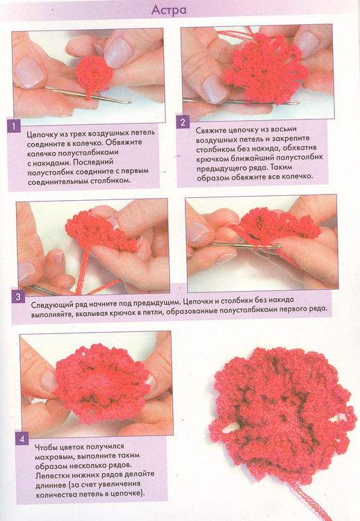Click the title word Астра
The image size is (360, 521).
(168, 10)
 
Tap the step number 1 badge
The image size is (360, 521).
(14, 126)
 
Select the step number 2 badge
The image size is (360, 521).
(183, 122)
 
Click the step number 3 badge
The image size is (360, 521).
(18, 297)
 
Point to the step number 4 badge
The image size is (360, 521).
(22, 439)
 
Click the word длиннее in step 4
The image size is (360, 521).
(51, 484)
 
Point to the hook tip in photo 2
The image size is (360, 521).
(297, 102)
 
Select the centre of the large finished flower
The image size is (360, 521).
(280, 420)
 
